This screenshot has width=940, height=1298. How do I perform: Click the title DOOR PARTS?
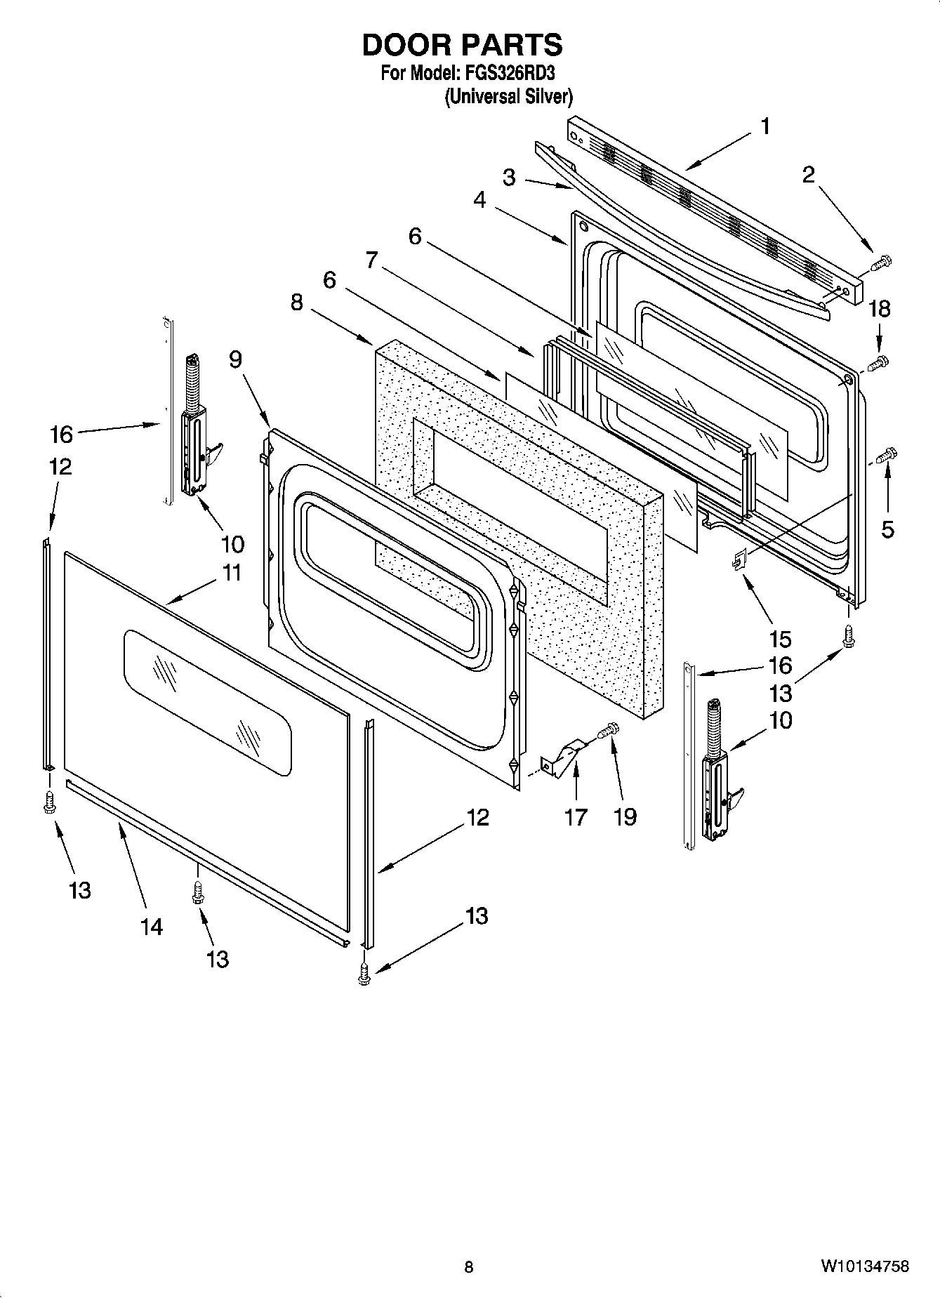pos(462,45)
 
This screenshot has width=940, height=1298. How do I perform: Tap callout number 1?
pos(764,127)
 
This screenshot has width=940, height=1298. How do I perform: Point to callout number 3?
pos(509,178)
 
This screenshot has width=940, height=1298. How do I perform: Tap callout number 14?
pos(151,927)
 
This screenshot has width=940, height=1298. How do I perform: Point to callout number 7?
pos(373,260)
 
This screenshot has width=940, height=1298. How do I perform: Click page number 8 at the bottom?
pos(469,1266)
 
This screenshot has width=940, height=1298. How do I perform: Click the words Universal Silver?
pos(509,97)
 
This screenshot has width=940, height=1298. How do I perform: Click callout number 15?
pos(779,639)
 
